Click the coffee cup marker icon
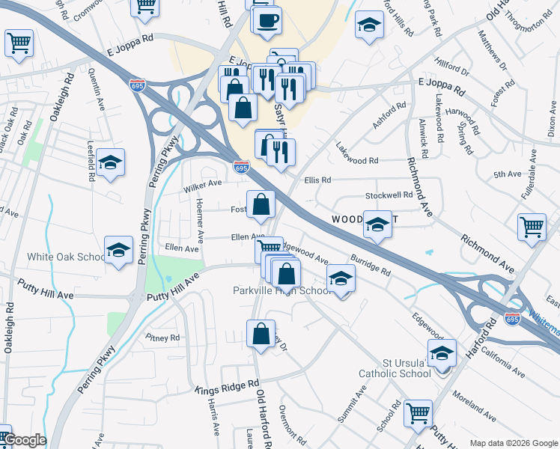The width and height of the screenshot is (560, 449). [267, 21]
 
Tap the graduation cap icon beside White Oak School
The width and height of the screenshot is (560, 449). [118, 251]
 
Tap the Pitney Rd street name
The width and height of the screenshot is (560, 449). [163, 337]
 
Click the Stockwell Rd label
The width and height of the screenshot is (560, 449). [389, 195]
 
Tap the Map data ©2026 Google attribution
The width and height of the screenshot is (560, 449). [513, 443]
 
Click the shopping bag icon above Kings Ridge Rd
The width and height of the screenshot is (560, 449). [260, 335]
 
